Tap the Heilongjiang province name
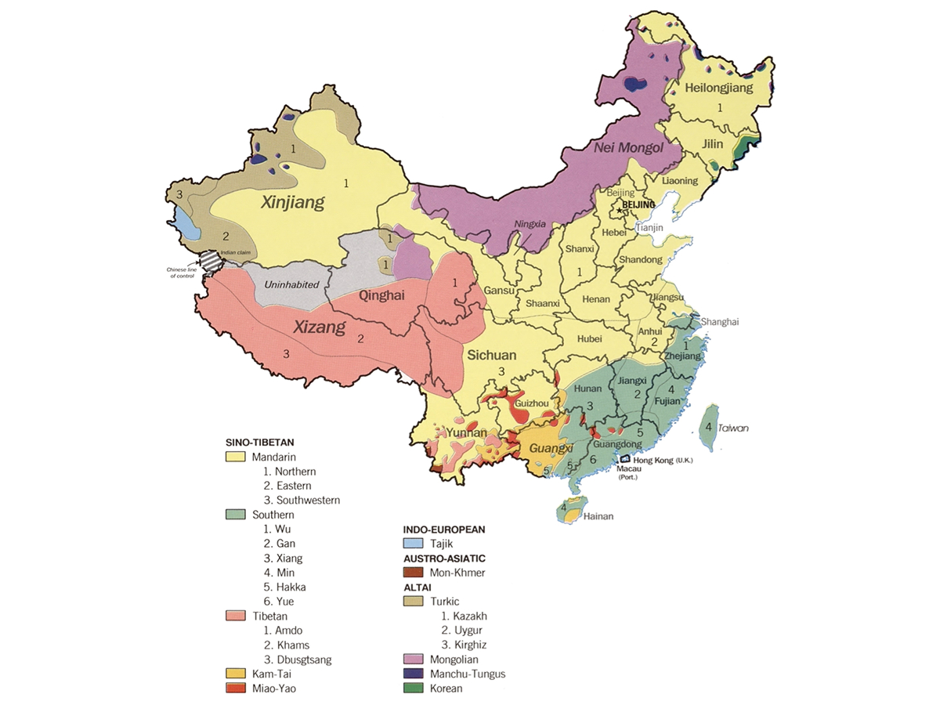tap(718, 88)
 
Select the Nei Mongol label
tap(628, 148)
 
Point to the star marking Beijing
tap(619, 205)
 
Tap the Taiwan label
tap(734, 428)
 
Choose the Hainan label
tap(598, 516)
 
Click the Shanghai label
tap(719, 322)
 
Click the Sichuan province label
tap(491, 355)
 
